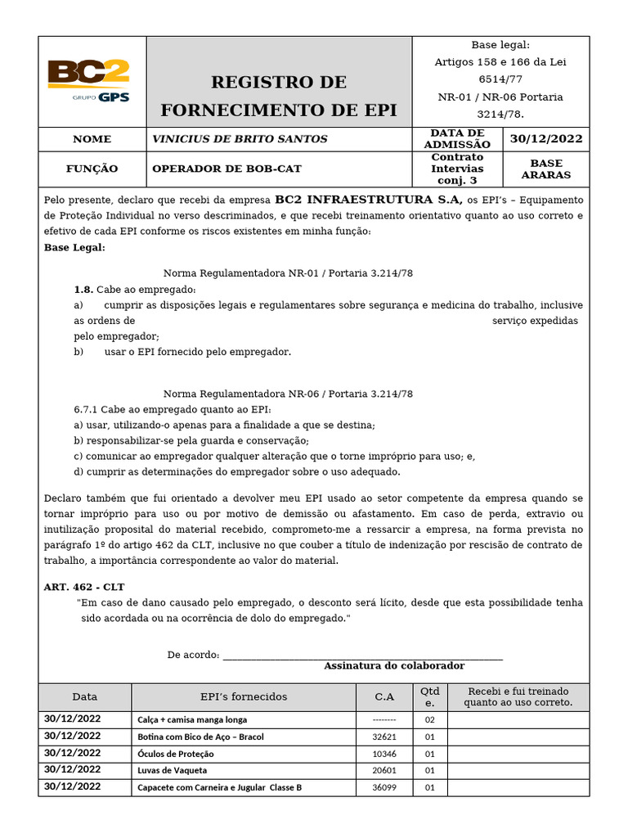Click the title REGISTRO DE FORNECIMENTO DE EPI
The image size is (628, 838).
click(279, 96)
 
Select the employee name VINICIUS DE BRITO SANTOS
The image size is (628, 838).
click(240, 139)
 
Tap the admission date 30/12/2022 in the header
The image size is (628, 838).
click(546, 139)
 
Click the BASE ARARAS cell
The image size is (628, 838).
click(546, 169)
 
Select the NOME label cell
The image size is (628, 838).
click(92, 139)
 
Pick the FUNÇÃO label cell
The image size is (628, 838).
click(92, 169)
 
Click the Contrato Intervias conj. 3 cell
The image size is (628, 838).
click(457, 169)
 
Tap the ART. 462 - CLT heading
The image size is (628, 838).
click(84, 587)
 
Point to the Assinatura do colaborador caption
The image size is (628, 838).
click(394, 666)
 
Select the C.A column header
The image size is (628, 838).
click(384, 696)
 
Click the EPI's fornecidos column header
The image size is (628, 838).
click(244, 696)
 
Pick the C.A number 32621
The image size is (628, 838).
click(384, 737)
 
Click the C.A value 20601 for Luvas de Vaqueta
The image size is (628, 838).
click(384, 770)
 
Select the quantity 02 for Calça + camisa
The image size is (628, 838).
click(430, 720)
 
